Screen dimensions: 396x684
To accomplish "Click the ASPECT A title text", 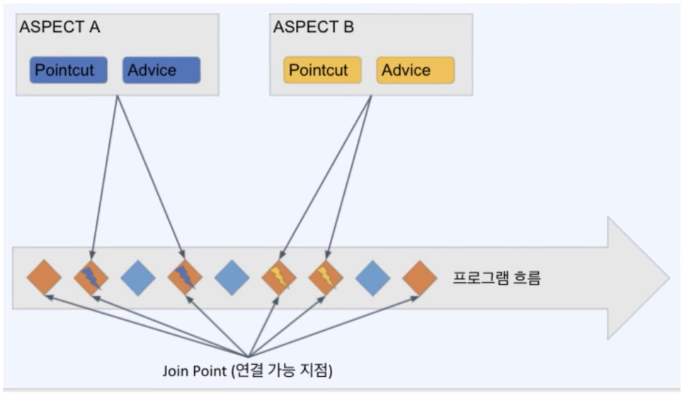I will coord(60,28).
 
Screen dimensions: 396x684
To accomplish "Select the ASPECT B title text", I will coord(314,28).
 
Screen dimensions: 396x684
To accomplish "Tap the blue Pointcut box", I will coord(69,70).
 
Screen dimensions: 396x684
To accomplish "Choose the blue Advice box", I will coord(161,70).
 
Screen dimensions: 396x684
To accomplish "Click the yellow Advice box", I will coord(415,70).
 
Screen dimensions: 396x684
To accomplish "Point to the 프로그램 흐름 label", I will coord(496,278).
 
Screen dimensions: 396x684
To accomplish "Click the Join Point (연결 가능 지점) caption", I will coord(247,370).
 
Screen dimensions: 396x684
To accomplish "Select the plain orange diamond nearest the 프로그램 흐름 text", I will coord(420,278).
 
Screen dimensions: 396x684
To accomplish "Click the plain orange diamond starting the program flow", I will coord(44,278).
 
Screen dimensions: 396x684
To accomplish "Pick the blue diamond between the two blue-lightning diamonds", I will coord(138,278).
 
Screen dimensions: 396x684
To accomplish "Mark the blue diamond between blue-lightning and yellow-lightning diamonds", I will coord(232,278).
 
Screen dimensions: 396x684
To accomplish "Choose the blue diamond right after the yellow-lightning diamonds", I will coord(373,278).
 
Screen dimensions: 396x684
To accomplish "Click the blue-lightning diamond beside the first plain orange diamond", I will coord(91,278).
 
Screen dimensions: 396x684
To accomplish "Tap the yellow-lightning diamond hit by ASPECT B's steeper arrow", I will coord(326,278).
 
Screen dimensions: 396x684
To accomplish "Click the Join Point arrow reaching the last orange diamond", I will coord(333,325).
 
